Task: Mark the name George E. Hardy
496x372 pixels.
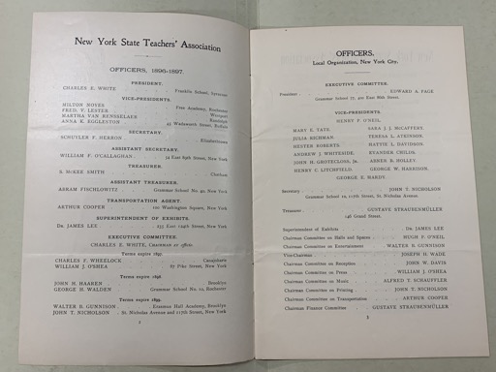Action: [x=369, y=170]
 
